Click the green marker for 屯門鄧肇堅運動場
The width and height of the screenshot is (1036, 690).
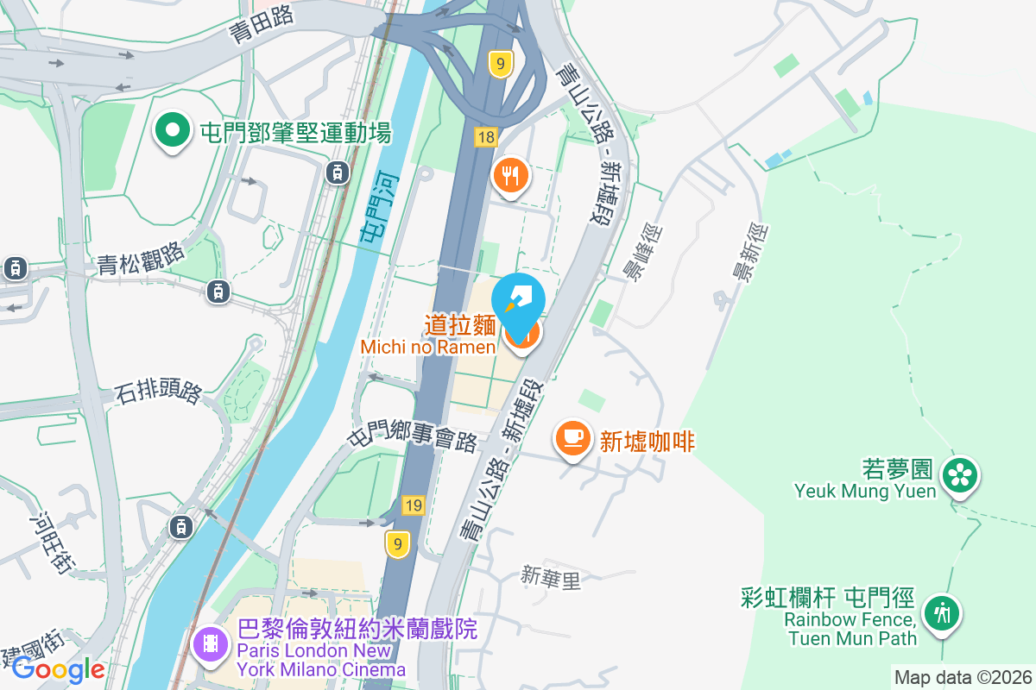coord(173,132)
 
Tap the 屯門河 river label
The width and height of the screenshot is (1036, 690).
coord(372,207)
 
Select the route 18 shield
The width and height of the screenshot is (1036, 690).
coord(486,137)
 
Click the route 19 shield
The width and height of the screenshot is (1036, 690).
coord(414,505)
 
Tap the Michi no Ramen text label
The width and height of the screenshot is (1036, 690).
coord(428,347)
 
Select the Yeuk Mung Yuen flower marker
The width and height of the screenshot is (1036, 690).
coord(959,475)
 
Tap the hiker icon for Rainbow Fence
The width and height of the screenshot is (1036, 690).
coord(940,613)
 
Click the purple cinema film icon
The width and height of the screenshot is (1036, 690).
coord(211,643)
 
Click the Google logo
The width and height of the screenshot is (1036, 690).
coord(58,668)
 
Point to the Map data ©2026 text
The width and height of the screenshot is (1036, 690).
coord(962,677)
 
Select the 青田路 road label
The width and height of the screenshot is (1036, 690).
coord(262,23)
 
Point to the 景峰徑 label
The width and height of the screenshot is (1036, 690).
coord(643,254)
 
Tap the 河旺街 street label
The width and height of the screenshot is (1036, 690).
coord(51,543)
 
